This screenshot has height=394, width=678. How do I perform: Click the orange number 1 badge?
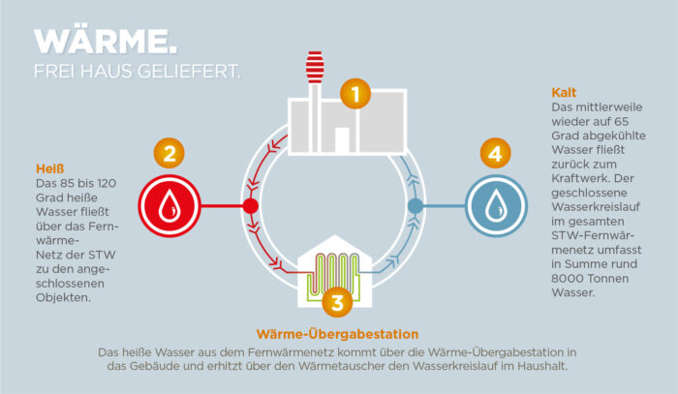click(355, 94)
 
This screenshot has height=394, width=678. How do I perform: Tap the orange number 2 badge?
click(169, 153)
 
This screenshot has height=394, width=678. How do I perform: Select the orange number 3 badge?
click(337, 302)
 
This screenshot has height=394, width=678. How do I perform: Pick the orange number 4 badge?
click(496, 153)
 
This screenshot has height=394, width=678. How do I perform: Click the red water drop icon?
click(169, 206)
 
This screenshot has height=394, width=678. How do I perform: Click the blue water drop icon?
click(496, 206)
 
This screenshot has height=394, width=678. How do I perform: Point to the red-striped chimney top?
click(315, 67)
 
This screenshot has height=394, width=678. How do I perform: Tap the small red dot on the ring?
click(250, 206)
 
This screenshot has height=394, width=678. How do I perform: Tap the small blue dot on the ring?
click(416, 206)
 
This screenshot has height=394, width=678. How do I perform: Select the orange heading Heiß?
click(49, 168)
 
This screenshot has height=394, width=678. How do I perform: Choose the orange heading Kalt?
click(564, 93)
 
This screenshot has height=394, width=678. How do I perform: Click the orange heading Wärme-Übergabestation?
click(337, 334)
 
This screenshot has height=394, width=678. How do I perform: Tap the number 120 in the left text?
click(107, 183)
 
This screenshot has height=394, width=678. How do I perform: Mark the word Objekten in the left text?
click(63, 297)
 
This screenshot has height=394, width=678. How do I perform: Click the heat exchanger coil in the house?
click(333, 275)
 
